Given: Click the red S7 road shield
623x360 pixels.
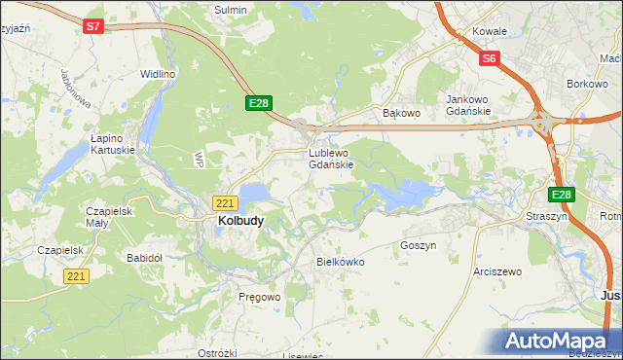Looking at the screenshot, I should click(92, 27).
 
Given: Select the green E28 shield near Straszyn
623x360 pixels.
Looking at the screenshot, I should click(561, 195).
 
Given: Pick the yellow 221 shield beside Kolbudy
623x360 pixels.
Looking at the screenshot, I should click(225, 202).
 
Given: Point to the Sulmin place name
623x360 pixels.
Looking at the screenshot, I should click(231, 9).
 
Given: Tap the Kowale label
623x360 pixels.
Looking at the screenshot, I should click(490, 31).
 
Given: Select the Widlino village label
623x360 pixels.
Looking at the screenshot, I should click(157, 74).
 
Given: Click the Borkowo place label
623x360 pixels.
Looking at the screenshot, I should click(587, 85).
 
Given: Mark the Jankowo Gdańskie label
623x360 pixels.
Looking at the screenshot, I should click(472, 105).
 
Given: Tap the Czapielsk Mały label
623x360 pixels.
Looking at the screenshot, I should click(110, 216).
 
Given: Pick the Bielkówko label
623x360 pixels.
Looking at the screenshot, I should click(340, 262).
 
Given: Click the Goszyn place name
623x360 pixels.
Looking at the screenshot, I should click(418, 246).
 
